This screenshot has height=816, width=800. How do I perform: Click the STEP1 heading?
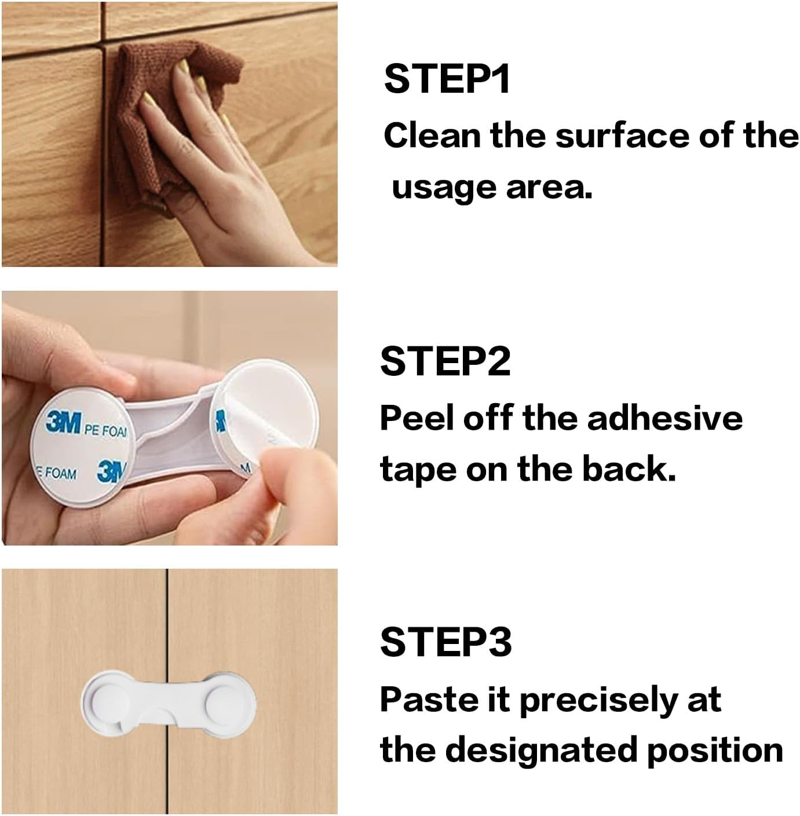click(x=447, y=79)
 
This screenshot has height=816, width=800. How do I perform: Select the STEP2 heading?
click(x=445, y=361)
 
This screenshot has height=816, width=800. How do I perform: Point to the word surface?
click(x=622, y=136)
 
